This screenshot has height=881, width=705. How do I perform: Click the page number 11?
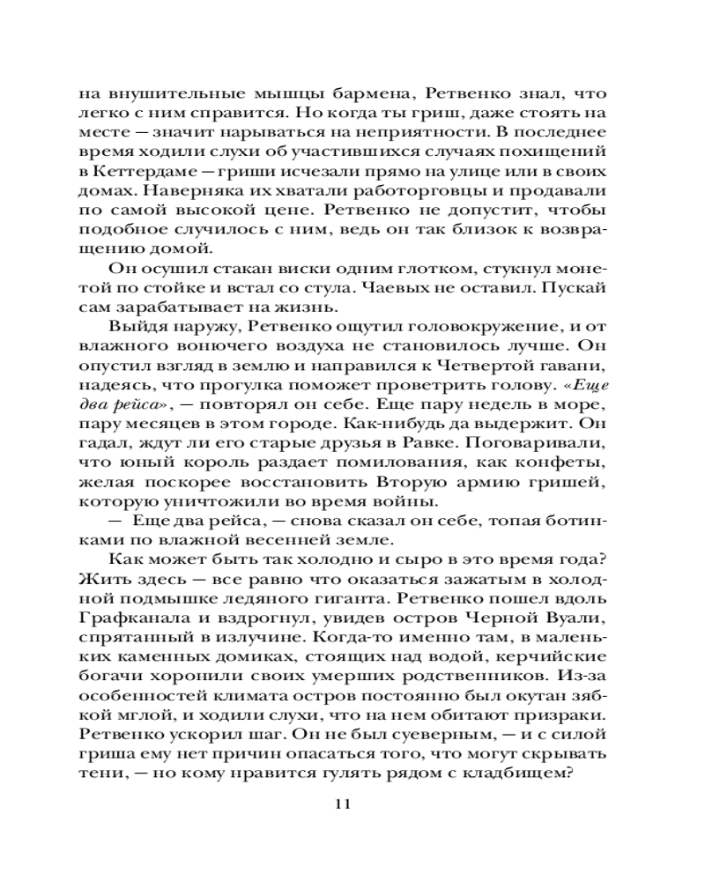(343, 806)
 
